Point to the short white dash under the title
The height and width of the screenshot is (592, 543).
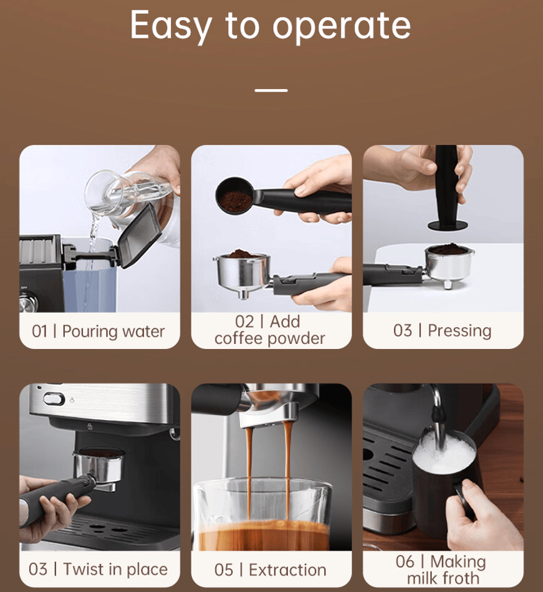pyautogui.click(x=271, y=90)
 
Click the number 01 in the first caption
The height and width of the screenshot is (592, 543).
pyautogui.click(x=39, y=332)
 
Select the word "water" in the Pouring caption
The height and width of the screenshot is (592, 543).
pyautogui.click(x=143, y=332)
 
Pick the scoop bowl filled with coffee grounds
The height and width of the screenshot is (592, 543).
pyautogui.click(x=235, y=196)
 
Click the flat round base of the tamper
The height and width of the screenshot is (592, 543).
pyautogui.click(x=448, y=226)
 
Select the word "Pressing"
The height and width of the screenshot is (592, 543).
pyautogui.click(x=459, y=331)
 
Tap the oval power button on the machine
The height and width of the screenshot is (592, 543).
pyautogui.click(x=54, y=399)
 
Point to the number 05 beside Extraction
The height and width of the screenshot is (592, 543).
pyautogui.click(x=224, y=570)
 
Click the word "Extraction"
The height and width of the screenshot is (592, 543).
pyautogui.click(x=287, y=570)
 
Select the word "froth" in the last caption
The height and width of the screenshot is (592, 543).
pyautogui.click(x=461, y=578)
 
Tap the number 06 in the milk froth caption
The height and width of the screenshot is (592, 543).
pyautogui.click(x=405, y=561)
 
